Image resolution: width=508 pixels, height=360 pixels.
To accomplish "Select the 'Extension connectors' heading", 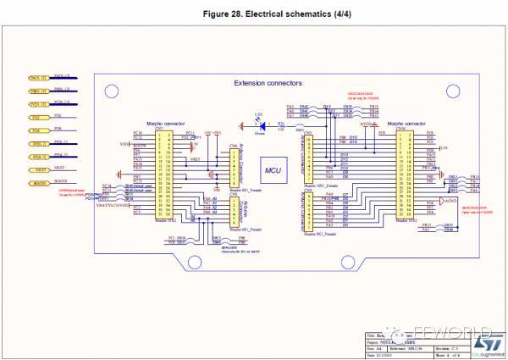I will click(x=268, y=83).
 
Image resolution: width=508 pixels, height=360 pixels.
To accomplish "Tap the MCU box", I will click(x=272, y=170).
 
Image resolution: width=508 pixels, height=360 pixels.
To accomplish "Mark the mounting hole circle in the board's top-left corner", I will click(x=108, y=87).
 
